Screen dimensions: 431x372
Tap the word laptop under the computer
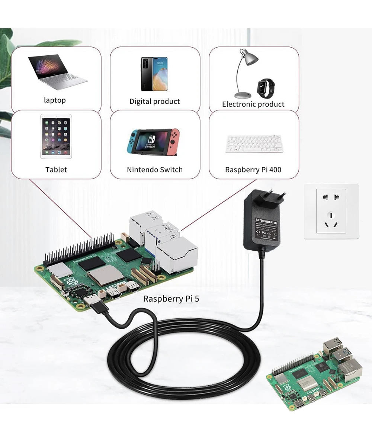point(55,100)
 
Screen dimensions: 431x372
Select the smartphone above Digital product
point(154,74)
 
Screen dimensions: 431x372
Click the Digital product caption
point(154,101)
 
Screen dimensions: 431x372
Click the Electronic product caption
point(253,104)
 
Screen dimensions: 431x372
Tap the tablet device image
point(56,136)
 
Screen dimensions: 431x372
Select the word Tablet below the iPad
point(56,170)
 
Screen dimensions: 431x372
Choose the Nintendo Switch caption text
point(155,170)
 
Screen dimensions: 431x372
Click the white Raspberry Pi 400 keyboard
point(254,144)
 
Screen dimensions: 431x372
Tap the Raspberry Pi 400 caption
point(253,170)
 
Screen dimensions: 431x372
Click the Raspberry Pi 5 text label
point(171,299)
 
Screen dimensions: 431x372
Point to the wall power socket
point(331,211)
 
